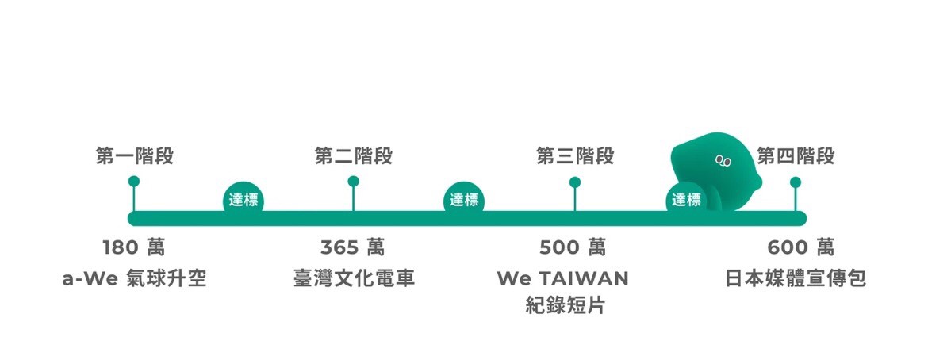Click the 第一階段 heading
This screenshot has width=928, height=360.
pyautogui.click(x=134, y=156)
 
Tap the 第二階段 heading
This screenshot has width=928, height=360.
pyautogui.click(x=353, y=156)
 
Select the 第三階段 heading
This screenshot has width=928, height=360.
pyautogui.click(x=575, y=156)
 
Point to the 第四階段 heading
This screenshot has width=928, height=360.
pyautogui.click(x=796, y=156)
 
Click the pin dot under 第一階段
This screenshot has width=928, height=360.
pyautogui.click(x=134, y=181)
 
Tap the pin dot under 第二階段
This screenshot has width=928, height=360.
pyautogui.click(x=353, y=181)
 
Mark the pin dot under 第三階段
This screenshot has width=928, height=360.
pyautogui.click(x=575, y=182)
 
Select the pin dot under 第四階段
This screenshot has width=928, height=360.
pyautogui.click(x=796, y=182)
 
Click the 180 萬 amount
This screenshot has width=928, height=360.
pyautogui.click(x=134, y=247)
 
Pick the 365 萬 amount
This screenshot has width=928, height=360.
pyautogui.click(x=353, y=247)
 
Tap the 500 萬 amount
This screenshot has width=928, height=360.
pyautogui.click(x=573, y=247)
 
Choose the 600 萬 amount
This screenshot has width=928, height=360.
pyautogui.click(x=801, y=247)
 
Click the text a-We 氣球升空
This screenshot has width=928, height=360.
pyautogui.click(x=134, y=278)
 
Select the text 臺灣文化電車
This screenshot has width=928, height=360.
pyautogui.click(x=354, y=278)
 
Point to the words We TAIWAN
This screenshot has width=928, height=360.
pyautogui.click(x=563, y=278)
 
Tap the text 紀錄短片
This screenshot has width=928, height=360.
pyautogui.click(x=566, y=305)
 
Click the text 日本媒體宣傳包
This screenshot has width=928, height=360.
pyautogui.click(x=796, y=278)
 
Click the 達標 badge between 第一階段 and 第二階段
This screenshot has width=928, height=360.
pyautogui.click(x=244, y=200)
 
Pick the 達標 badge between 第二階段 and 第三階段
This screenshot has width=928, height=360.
pyautogui.click(x=464, y=200)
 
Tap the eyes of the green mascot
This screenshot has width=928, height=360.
pyautogui.click(x=723, y=160)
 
